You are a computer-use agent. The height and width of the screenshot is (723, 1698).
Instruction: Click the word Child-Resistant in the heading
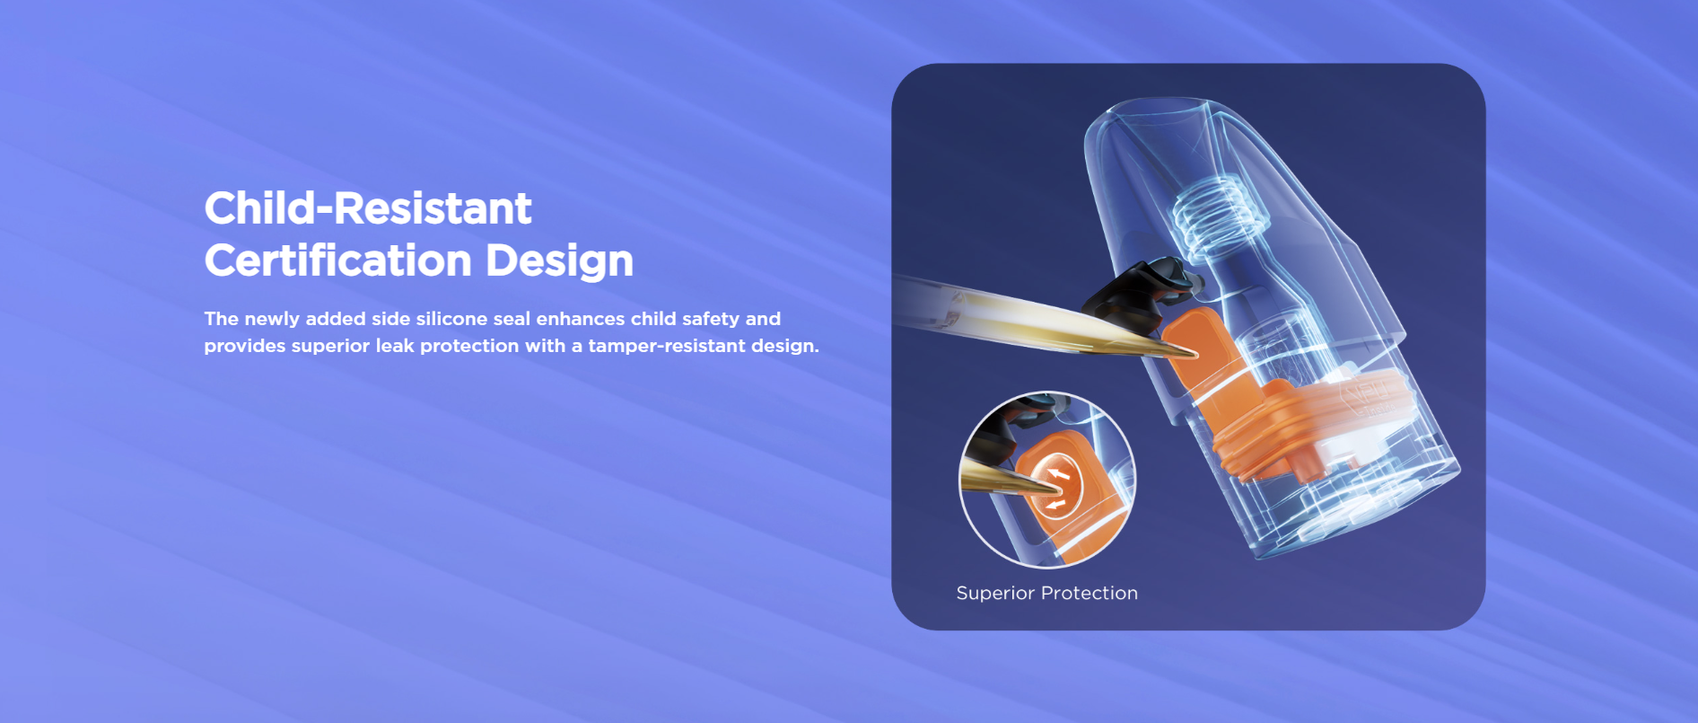click(x=368, y=208)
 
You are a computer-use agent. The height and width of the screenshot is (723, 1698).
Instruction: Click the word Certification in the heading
click(x=338, y=260)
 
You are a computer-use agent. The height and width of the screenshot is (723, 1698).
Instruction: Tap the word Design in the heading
click(x=560, y=261)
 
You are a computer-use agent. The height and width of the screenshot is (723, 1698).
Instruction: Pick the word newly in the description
click(x=272, y=319)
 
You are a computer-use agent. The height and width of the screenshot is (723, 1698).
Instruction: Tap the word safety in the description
click(x=711, y=319)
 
